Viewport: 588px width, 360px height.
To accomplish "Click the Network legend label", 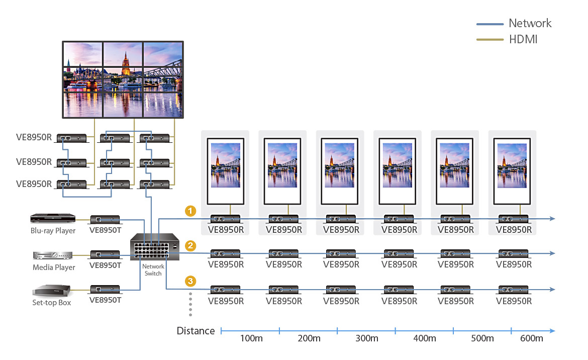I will [530, 23].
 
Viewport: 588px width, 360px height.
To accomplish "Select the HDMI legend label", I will [523, 39].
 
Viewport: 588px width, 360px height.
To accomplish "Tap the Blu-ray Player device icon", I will [53, 218].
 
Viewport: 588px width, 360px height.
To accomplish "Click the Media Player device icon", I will [53, 255].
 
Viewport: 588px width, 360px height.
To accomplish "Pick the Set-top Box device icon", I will [52, 291].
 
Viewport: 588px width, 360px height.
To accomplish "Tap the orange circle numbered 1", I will [190, 211].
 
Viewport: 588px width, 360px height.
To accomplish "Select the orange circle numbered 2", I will [190, 246].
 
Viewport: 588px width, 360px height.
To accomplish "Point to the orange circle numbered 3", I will [190, 281].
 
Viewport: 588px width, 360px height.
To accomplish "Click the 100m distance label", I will [251, 338].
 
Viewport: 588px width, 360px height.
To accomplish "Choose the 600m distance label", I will [532, 338].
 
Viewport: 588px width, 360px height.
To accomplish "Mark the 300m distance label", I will [366, 338].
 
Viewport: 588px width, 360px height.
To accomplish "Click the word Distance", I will [195, 331].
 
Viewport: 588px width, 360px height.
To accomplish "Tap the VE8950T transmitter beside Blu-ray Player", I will [105, 219].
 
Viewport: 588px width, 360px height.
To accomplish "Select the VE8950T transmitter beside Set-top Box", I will [105, 289].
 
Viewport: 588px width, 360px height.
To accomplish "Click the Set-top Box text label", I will [52, 303].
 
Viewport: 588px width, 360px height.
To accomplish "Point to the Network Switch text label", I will [153, 270].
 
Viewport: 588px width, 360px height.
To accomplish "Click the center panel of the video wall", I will [123, 77].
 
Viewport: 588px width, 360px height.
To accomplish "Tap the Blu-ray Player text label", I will [53, 231].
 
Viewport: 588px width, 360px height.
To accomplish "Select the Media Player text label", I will [54, 267].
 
